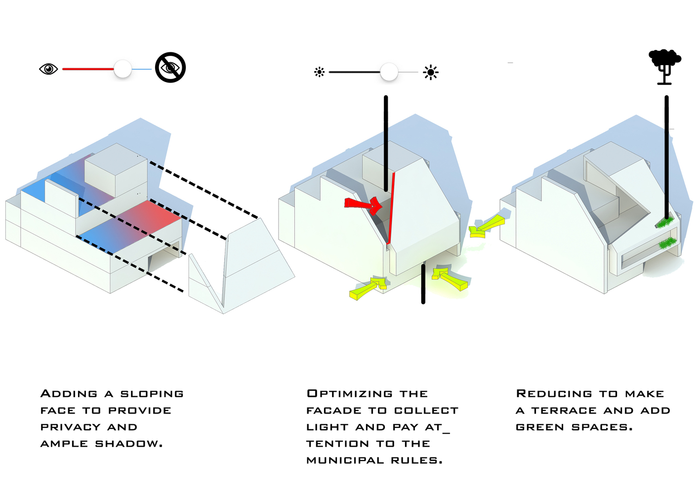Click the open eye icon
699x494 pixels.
pos(48,69)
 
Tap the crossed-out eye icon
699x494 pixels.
pos(170,68)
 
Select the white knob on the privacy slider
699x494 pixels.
pos(123,69)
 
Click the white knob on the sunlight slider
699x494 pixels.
pos(389,72)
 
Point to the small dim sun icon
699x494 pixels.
pos(320,72)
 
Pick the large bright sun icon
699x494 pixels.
pos(431,73)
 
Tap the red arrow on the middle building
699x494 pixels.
pos(364,204)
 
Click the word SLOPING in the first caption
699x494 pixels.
pos(152,394)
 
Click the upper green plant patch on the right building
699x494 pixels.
pos(664,223)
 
